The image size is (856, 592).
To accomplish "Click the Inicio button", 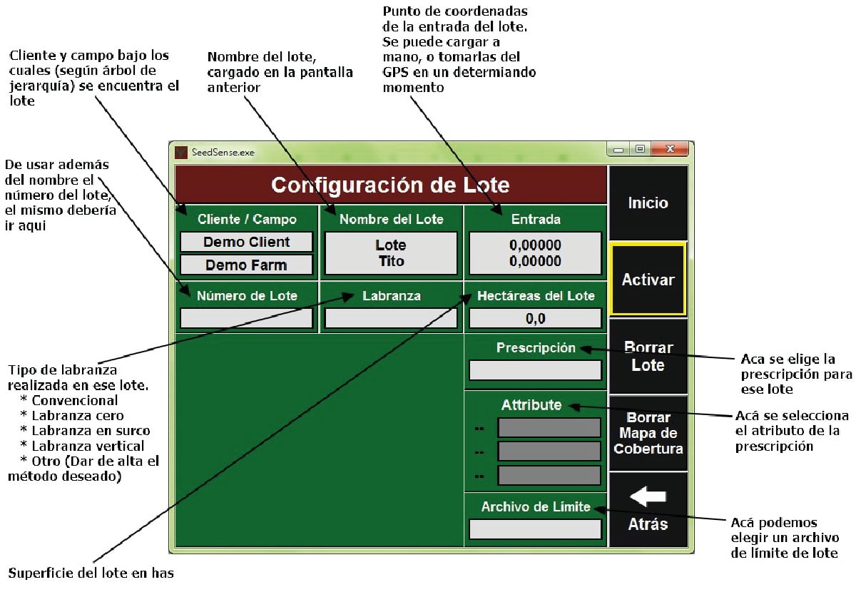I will click(x=648, y=203).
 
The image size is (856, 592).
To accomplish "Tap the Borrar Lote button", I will click(x=648, y=357).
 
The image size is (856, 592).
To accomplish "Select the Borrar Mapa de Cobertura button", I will click(x=648, y=433).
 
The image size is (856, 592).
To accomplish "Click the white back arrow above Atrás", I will click(x=648, y=496).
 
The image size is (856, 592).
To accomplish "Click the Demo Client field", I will click(x=246, y=242).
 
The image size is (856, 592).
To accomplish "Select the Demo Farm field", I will click(x=246, y=265).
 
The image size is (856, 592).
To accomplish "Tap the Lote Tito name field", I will click(x=390, y=253).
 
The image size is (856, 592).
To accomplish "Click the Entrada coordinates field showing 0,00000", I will click(x=535, y=253).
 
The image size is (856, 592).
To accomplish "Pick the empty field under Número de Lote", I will click(x=246, y=318).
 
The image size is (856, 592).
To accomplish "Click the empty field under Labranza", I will click(x=390, y=318).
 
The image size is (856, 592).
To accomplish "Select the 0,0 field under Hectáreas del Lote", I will click(x=535, y=318).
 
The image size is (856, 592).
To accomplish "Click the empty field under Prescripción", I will click(x=535, y=370).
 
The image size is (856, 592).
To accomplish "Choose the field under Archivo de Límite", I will click(x=535, y=529).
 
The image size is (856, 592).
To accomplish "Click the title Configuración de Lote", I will click(x=390, y=185).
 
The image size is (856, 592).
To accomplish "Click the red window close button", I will click(x=671, y=149).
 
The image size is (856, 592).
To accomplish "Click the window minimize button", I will click(x=618, y=149).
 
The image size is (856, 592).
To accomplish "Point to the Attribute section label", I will click(x=531, y=405).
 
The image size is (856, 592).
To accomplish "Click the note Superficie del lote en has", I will click(x=91, y=573).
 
